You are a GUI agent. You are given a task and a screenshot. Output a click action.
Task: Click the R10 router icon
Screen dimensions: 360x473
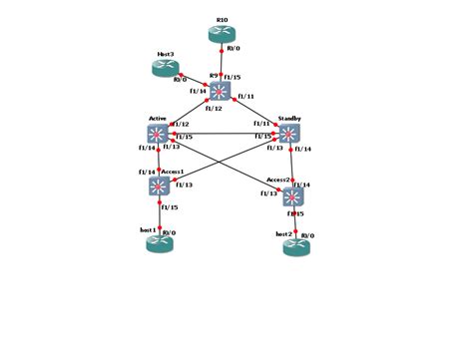coord(223,34)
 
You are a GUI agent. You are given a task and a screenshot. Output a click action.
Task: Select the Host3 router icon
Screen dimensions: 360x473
coord(165,67)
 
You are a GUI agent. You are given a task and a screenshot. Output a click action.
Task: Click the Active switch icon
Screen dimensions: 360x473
coord(158,134)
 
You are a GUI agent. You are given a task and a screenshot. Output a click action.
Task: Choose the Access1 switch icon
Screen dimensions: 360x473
coord(159,185)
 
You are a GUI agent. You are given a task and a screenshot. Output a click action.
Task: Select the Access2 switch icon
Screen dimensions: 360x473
coord(291,196)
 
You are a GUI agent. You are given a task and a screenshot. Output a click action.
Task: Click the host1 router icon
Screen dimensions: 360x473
coord(160,242)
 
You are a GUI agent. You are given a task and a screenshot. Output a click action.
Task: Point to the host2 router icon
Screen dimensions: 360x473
coord(296,245)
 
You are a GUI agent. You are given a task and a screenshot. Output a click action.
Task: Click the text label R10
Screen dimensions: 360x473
coord(222,18)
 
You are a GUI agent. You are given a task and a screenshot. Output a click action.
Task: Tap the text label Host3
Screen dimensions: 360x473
coord(166,53)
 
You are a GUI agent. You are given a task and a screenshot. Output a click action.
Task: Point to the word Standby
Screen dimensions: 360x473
coord(290,119)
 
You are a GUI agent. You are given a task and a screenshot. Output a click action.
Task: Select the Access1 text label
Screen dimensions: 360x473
coord(173,171)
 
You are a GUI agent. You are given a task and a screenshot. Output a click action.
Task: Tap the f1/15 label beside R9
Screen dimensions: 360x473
coord(233,76)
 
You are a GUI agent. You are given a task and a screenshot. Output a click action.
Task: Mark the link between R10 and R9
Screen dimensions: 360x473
coord(222,62)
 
